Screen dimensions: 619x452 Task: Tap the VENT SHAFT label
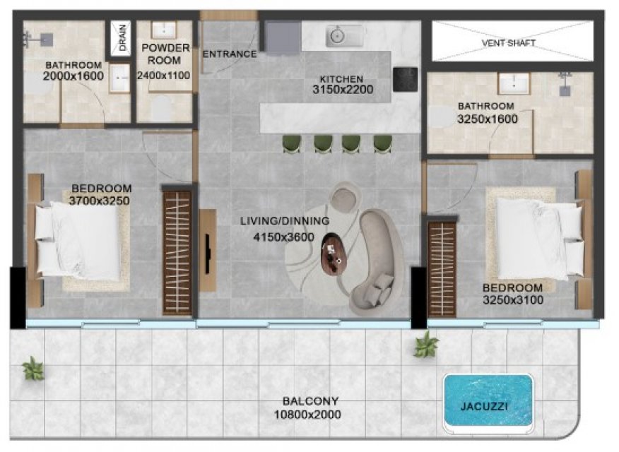[x=509, y=42]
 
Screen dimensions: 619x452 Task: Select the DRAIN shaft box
[x=120, y=38]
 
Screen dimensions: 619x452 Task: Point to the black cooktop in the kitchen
[x=405, y=79]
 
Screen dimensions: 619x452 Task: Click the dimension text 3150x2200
[x=343, y=90]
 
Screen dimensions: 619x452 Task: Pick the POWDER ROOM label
[x=165, y=54]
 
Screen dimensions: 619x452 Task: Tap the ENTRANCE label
[x=230, y=54]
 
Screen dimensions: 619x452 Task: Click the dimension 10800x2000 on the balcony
[x=307, y=415]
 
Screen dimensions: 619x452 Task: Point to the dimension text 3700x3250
[x=99, y=201]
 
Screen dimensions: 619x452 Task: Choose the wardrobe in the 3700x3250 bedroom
[x=177, y=253]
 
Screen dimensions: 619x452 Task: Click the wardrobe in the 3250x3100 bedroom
[x=442, y=269]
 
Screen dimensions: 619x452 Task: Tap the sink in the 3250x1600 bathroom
[x=514, y=83]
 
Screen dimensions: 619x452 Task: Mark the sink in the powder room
[x=164, y=30]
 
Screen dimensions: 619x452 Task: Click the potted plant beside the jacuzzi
[x=425, y=345]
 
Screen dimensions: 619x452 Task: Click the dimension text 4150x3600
[x=283, y=237]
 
